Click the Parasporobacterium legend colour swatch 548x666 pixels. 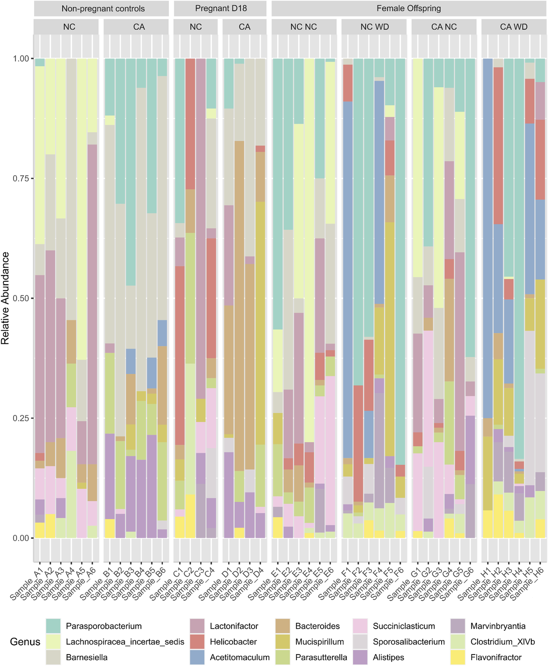point(53,625)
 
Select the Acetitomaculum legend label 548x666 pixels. point(240,657)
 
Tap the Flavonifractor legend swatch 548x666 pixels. point(458,657)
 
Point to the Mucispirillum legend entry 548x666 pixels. point(319,641)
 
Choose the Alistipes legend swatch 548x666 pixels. point(360,657)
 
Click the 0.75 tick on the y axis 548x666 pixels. point(20,178)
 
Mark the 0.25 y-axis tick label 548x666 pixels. point(20,418)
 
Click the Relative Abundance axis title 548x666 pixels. point(5,298)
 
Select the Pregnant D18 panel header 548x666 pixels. point(220,8)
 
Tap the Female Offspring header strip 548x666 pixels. point(409,8)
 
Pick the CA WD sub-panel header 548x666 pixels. point(514,27)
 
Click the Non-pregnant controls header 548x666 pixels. point(103,8)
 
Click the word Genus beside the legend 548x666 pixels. point(25,641)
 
